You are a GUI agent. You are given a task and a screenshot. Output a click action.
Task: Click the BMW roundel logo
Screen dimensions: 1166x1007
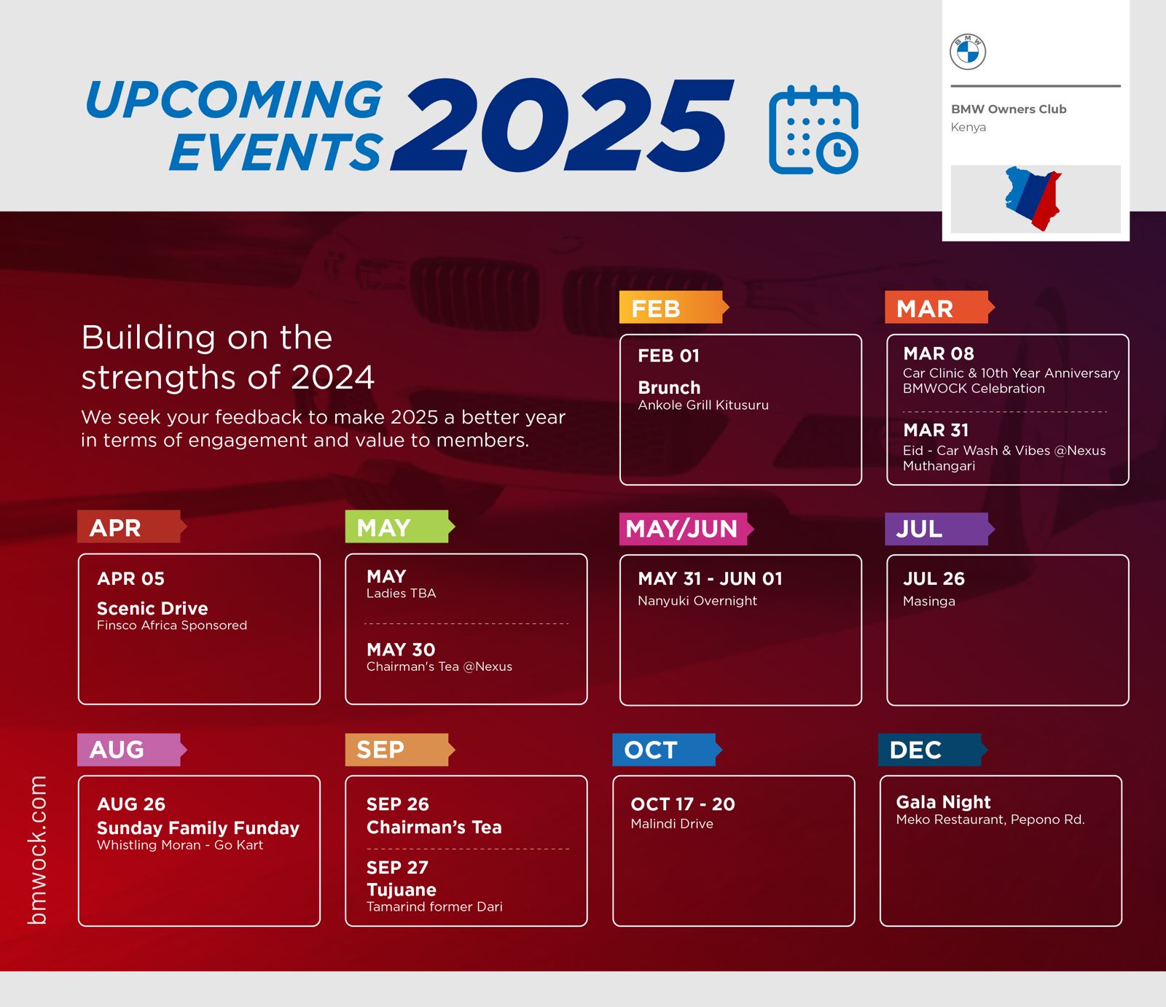[968, 52]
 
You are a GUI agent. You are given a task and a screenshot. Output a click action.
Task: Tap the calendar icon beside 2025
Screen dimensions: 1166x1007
[813, 131]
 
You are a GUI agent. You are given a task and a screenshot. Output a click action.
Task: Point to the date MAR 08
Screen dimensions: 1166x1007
[939, 354]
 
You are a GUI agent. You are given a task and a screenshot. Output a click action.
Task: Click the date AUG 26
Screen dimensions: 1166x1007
[131, 804]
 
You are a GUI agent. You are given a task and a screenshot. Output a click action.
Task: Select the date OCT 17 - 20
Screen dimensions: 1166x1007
[683, 804]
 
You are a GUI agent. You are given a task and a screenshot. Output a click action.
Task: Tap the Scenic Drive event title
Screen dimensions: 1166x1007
[152, 608]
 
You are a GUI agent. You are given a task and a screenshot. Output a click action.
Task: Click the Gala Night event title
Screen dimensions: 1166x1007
[943, 802]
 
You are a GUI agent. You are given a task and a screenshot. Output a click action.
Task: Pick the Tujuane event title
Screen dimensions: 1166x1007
[402, 890]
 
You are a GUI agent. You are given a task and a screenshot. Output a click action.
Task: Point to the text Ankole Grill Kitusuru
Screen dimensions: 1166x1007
[703, 405]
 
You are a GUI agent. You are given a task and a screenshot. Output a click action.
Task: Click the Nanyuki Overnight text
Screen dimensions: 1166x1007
[697, 601]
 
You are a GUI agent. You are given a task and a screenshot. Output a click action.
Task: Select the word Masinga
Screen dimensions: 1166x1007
[929, 602]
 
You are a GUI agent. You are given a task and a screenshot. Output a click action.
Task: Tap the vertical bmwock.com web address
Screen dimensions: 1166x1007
[37, 850]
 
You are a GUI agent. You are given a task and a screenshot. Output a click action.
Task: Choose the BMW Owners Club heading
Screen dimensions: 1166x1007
[1009, 109]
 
